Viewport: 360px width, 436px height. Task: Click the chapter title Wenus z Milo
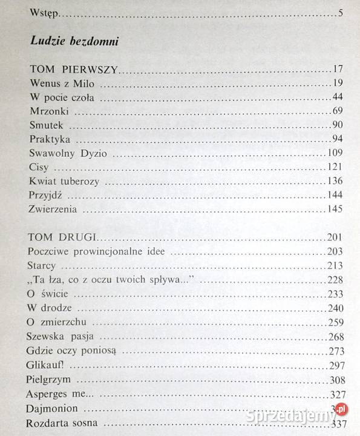[x=57, y=84]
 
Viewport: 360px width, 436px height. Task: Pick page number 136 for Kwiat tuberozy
[x=335, y=181]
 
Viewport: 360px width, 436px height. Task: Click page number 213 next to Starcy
[x=335, y=265]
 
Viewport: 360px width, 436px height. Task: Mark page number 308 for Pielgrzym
[x=335, y=378]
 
